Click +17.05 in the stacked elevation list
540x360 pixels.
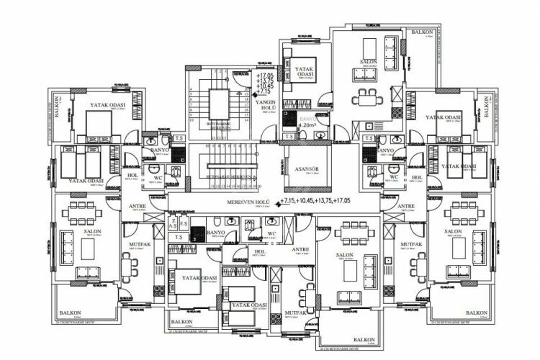coord(266,75)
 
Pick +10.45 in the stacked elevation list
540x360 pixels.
coord(266,86)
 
